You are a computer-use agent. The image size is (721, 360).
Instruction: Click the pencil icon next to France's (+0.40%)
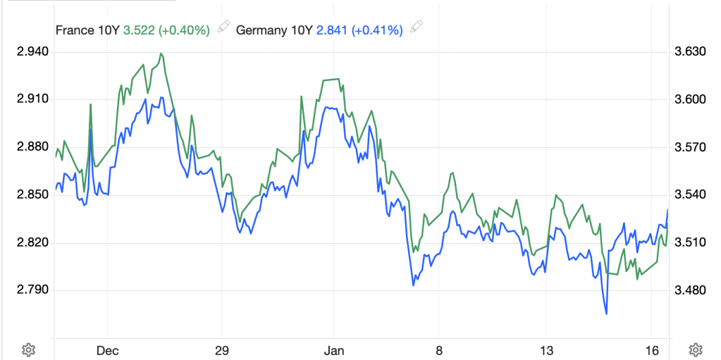click(x=223, y=28)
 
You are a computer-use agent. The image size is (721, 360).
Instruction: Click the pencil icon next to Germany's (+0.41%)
click(x=417, y=28)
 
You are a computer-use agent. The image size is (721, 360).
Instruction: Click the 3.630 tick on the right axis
click(x=689, y=51)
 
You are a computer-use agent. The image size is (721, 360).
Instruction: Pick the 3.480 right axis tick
click(x=689, y=290)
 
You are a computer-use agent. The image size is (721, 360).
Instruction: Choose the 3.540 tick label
click(x=689, y=194)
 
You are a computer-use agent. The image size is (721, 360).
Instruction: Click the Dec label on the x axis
click(x=106, y=350)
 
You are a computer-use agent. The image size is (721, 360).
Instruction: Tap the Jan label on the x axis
click(x=333, y=350)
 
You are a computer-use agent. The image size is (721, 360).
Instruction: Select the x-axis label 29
click(x=221, y=350)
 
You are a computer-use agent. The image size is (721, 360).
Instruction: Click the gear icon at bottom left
click(x=28, y=349)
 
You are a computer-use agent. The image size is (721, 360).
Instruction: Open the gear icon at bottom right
click(x=695, y=349)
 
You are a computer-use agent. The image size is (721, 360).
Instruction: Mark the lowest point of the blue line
click(x=606, y=314)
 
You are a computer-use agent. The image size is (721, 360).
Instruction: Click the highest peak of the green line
click(x=161, y=54)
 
